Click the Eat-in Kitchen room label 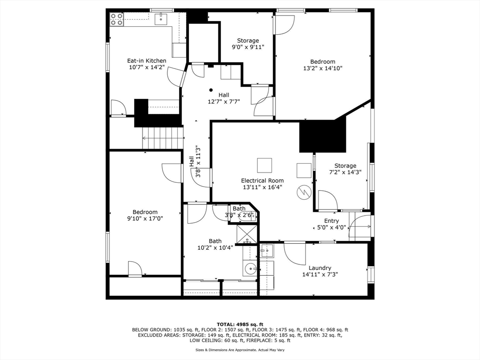tap(147, 61)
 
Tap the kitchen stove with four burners tap(116, 19)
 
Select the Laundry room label tap(320, 268)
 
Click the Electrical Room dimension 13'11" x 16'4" tap(262, 187)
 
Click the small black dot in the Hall tap(211, 90)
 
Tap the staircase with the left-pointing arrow tap(162, 138)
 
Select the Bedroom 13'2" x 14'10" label tap(322, 62)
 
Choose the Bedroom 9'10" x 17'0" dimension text tap(145, 218)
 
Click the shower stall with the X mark tap(246, 234)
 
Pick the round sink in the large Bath tap(251, 269)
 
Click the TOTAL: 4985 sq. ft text tap(240, 324)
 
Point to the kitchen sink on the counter tap(161, 18)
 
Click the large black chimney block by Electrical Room tap(322, 136)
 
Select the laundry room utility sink tap(267, 251)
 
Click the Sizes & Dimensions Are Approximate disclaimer tap(240, 350)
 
